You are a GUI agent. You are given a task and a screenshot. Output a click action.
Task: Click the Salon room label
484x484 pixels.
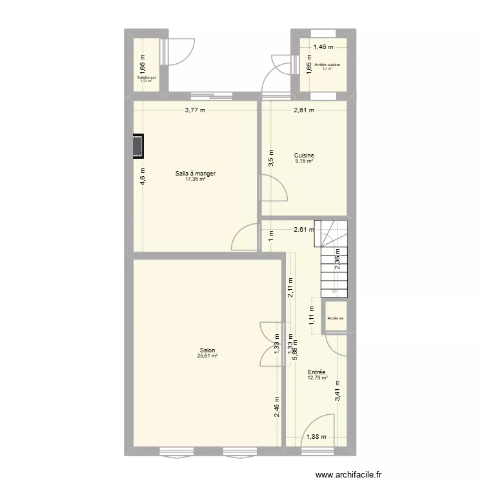coord(207,350)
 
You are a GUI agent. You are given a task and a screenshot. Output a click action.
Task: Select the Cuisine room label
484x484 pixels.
coord(304,156)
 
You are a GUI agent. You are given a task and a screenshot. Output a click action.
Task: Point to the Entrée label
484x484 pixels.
coord(316,372)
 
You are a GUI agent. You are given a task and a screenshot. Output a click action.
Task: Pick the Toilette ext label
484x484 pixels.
coord(146,77)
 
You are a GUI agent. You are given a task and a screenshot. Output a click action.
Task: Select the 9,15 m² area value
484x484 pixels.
coord(304,161)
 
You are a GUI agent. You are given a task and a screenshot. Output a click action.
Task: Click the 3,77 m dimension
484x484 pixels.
coord(195,110)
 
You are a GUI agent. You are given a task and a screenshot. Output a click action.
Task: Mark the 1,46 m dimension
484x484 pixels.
coord(324,46)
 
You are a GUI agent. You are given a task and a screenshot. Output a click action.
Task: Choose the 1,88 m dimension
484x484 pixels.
coord(316,437)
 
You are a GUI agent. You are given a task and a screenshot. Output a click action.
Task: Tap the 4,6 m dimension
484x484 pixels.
coord(143,176)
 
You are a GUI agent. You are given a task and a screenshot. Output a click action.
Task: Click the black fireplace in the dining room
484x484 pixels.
coord(138,146)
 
